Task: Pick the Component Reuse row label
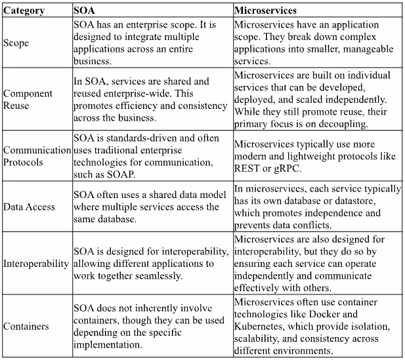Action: pyautogui.click(x=28, y=99)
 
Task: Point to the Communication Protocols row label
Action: pyautogui.click(x=36, y=155)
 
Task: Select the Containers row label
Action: pyautogui.click(x=26, y=325)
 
